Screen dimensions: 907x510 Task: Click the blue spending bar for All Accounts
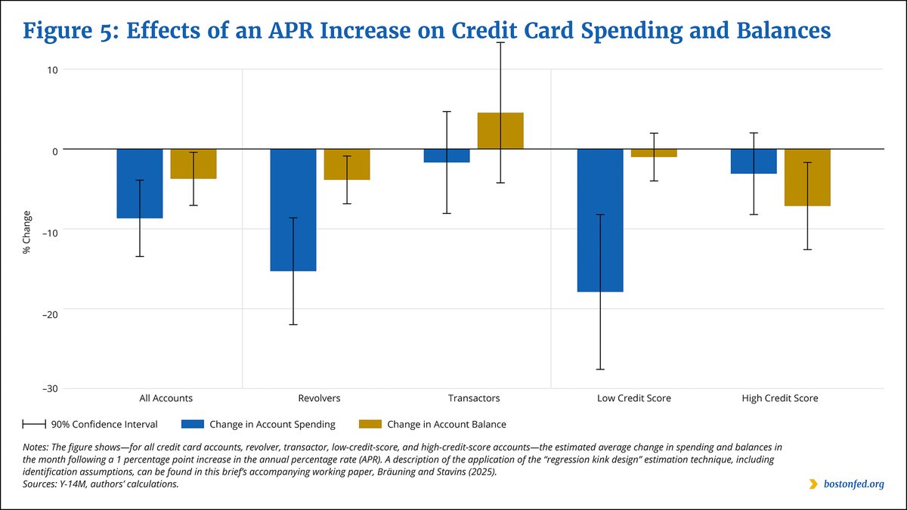(x=140, y=184)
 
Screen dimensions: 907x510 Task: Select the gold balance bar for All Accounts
(x=193, y=164)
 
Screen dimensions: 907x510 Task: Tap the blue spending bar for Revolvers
(x=293, y=210)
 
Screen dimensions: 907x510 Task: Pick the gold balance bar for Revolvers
(x=347, y=165)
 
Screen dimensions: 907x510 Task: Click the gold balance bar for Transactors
(x=500, y=131)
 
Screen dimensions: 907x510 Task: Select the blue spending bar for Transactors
(x=447, y=156)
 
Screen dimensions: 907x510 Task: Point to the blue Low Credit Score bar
(x=600, y=220)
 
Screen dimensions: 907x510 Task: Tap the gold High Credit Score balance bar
(x=807, y=178)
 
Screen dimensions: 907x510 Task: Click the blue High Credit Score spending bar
(x=754, y=161)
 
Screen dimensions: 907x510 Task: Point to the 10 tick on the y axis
(x=53, y=70)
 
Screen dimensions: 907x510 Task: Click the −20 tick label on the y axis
(x=50, y=314)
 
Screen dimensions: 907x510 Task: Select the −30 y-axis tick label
(x=50, y=389)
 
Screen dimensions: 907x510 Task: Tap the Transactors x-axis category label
(x=474, y=398)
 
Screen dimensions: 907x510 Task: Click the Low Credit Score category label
(x=633, y=398)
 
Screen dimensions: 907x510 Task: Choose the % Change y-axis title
(x=26, y=233)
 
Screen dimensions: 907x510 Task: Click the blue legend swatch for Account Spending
(x=192, y=424)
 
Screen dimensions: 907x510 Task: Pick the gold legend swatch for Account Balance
(x=370, y=424)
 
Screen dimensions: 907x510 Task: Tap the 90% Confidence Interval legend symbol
(x=34, y=424)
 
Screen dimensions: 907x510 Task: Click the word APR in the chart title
(x=291, y=31)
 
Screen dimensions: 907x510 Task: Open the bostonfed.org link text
(x=854, y=484)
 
